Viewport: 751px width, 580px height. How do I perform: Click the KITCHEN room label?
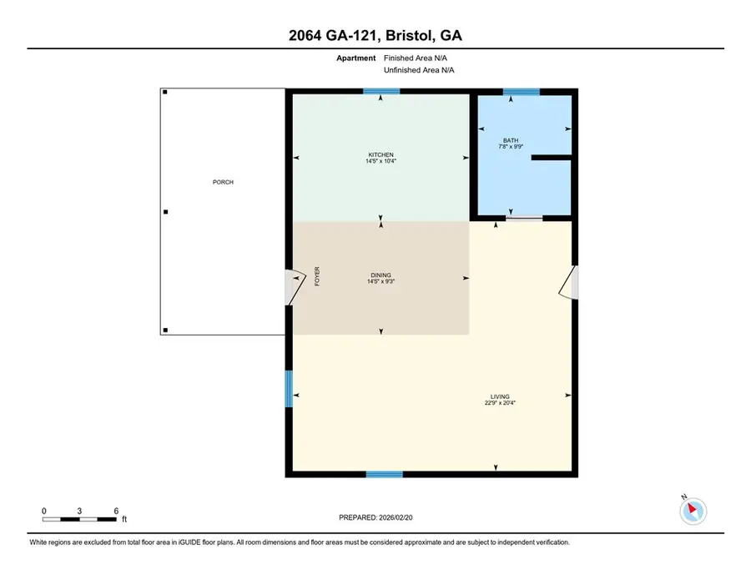pos(381,154)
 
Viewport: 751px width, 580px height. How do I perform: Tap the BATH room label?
pos(511,140)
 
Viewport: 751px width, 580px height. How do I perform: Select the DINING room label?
pos(381,275)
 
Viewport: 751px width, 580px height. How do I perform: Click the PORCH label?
pos(223,182)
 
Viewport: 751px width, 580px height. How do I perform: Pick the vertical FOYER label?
pos(317,276)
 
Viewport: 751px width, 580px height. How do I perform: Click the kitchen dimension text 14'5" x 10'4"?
pos(381,162)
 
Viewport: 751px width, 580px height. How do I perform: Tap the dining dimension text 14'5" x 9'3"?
pos(381,282)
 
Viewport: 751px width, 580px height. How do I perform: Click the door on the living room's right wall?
pos(570,282)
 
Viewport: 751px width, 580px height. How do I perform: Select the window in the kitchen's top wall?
pos(381,91)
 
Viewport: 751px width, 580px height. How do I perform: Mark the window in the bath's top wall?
pos(522,91)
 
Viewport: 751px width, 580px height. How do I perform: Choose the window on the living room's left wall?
pos(289,388)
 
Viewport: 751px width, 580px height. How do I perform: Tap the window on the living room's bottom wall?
pos(385,474)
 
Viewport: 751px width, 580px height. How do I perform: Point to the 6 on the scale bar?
pos(116,510)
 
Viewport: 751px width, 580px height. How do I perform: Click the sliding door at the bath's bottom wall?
pos(524,219)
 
